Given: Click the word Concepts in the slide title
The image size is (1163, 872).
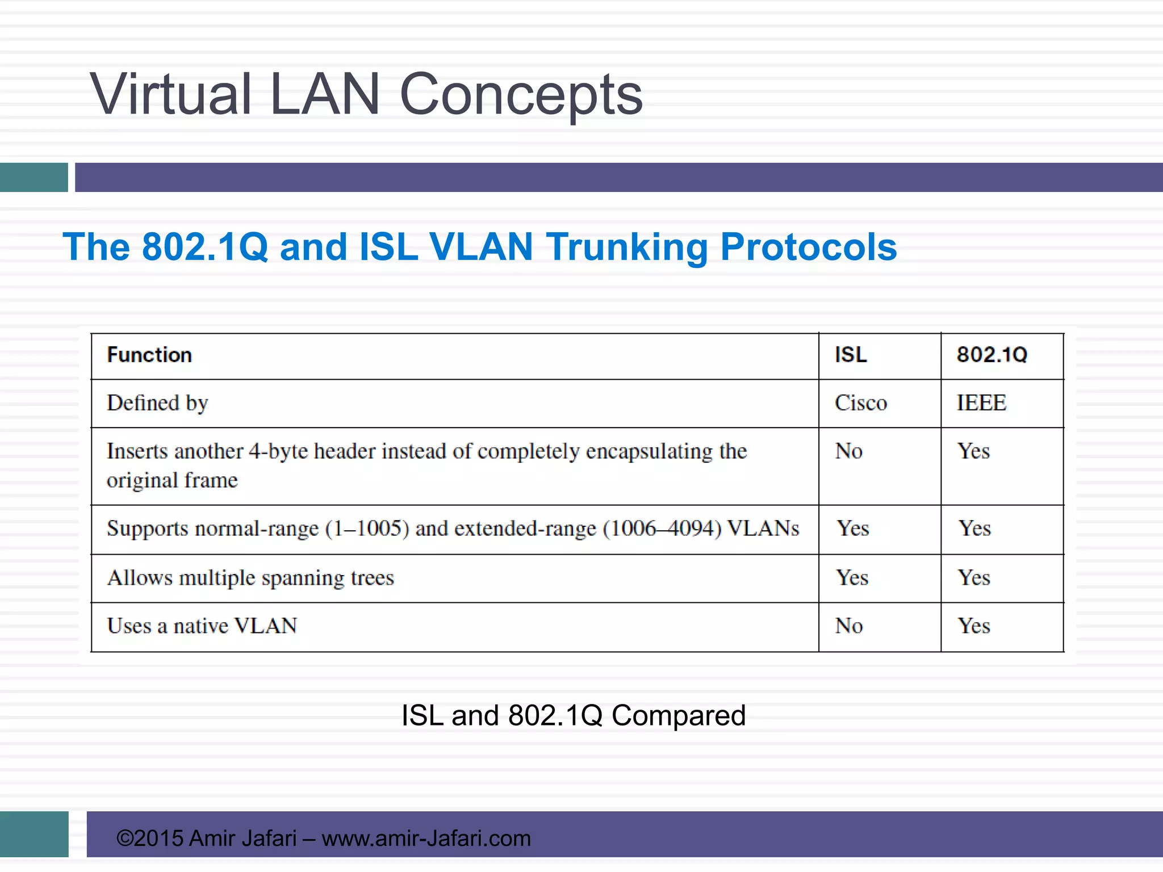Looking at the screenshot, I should (x=521, y=95).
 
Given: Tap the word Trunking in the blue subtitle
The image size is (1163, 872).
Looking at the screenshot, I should (x=627, y=248).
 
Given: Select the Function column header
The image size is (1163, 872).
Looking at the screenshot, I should (x=149, y=355).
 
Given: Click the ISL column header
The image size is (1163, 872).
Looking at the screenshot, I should (x=851, y=355).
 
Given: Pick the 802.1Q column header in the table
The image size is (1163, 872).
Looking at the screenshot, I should (x=992, y=355).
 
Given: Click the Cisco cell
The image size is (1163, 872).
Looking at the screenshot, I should (x=860, y=403).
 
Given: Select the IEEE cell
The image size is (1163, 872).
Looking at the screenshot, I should (x=981, y=403).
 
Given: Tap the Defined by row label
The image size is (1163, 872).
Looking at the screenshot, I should (x=157, y=403).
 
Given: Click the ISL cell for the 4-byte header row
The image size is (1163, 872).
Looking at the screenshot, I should (x=849, y=451).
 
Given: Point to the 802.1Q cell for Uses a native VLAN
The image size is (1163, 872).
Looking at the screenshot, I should (x=974, y=626).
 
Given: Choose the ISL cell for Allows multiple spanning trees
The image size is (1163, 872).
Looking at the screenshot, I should (x=852, y=578).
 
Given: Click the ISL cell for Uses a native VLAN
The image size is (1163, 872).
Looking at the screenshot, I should (x=849, y=626).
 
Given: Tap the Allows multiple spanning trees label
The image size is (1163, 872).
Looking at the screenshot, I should (x=250, y=578).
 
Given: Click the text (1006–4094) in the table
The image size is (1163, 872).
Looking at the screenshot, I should (x=662, y=529).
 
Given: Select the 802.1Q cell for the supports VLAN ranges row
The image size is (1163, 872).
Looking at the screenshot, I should (x=975, y=529).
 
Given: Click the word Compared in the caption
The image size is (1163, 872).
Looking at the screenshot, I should (x=678, y=715).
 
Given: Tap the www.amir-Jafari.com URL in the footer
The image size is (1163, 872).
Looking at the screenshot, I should (x=426, y=839).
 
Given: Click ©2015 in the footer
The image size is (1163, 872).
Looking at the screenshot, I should (x=149, y=839).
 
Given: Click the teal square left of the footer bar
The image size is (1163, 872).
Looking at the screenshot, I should (x=34, y=834).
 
